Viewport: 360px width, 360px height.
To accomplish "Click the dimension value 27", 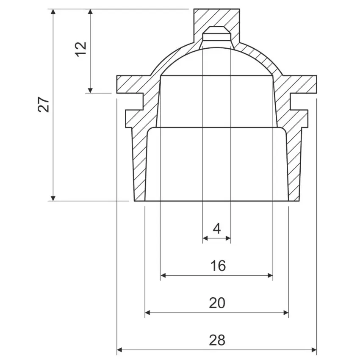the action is point(43,104).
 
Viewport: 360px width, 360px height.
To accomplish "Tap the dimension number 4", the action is point(217,229).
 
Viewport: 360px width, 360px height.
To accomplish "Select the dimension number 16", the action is point(218,266).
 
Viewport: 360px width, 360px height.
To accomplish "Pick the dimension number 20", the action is point(217,303).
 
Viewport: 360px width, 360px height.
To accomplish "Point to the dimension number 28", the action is point(217,340).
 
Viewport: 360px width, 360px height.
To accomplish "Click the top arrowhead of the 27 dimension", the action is point(53,11).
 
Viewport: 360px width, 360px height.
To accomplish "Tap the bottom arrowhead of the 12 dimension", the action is point(90,91).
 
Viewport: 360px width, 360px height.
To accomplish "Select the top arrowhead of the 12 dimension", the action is point(90,11).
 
